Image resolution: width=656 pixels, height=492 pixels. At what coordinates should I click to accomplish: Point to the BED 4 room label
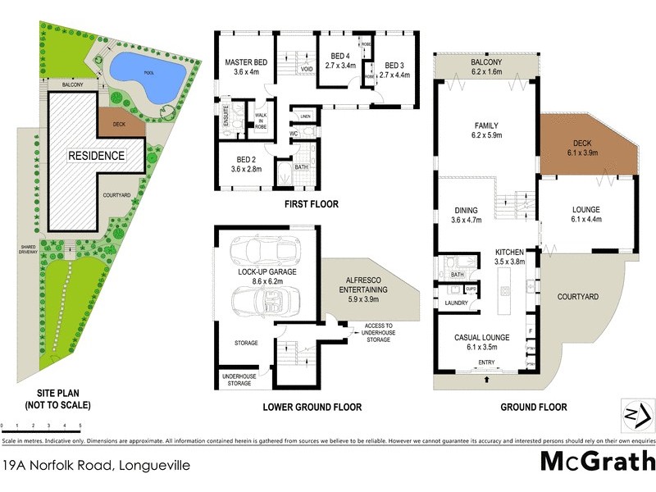340,61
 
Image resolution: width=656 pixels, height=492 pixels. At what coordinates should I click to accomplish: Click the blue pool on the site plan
148,75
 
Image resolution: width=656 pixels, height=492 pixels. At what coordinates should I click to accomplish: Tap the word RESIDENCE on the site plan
97,155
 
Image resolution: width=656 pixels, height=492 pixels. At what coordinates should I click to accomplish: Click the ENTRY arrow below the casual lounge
487,380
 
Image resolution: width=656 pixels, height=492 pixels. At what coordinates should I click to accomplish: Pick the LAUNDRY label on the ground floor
456,303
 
